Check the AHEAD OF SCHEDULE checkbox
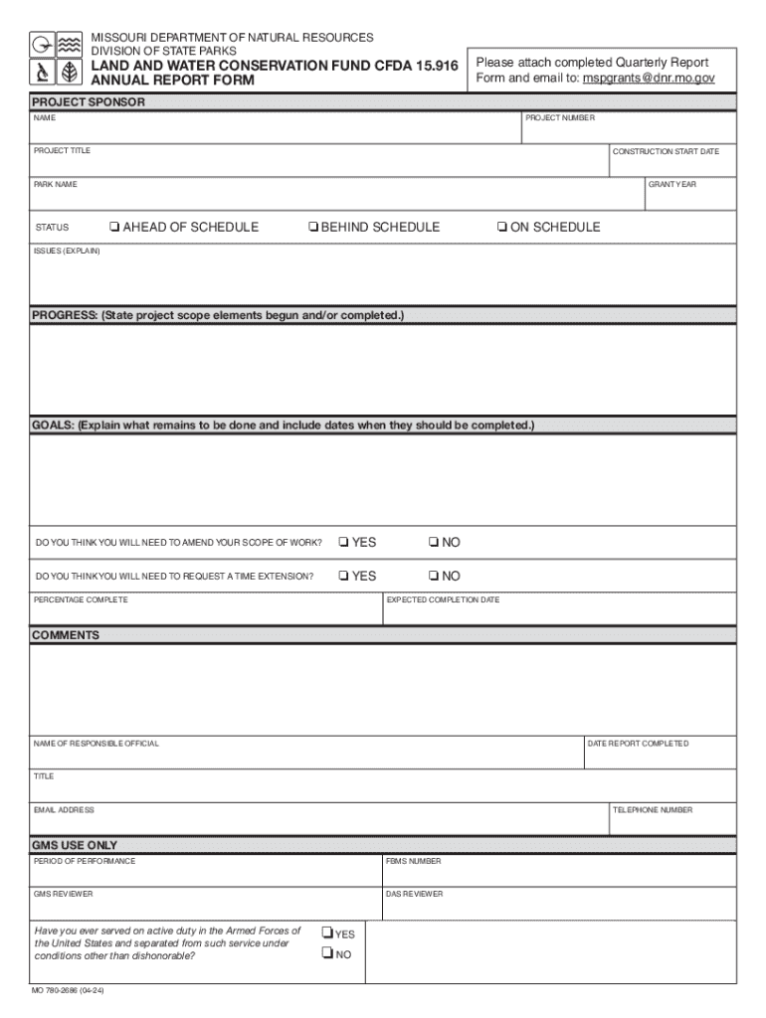click(115, 228)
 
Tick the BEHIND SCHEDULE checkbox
click(313, 228)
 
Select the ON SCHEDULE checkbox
click(502, 228)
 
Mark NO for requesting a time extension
click(434, 577)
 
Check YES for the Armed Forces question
click(326, 933)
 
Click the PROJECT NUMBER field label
click(560, 118)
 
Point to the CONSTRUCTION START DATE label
click(666, 151)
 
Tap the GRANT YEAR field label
click(672, 185)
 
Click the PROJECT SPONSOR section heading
click(89, 102)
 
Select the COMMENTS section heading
click(66, 635)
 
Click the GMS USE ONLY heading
click(75, 845)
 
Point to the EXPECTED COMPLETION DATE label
click(443, 600)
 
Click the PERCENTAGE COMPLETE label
click(81, 600)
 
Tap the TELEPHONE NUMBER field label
click(653, 810)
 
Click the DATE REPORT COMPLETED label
click(638, 744)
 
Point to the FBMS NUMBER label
click(414, 861)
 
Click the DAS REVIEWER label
click(415, 894)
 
